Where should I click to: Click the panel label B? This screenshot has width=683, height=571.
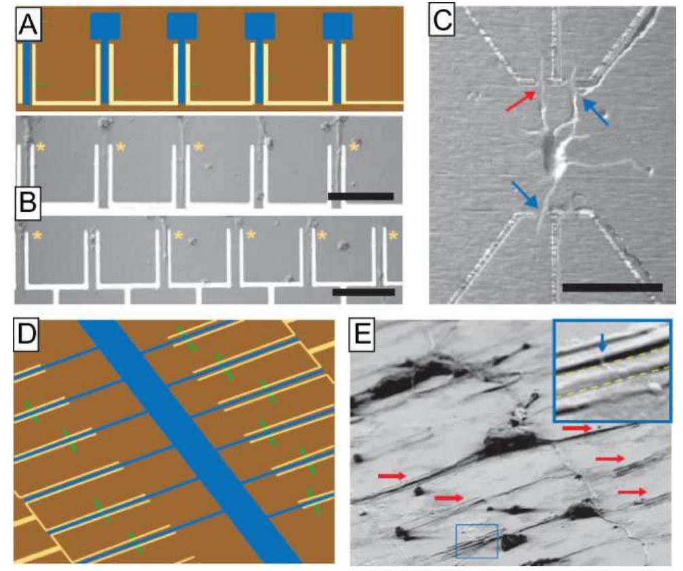click(29, 202)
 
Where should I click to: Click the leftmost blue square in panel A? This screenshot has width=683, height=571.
click(105, 27)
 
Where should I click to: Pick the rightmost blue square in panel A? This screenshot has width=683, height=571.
click(338, 27)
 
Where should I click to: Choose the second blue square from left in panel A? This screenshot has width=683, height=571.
click(182, 27)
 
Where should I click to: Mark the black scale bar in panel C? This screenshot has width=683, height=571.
click(612, 288)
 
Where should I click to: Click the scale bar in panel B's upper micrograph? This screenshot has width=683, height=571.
click(360, 196)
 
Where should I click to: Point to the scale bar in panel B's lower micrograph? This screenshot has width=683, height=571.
click(364, 292)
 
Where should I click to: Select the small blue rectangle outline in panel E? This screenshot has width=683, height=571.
click(477, 541)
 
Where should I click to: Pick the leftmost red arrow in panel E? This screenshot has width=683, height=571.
click(392, 476)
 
